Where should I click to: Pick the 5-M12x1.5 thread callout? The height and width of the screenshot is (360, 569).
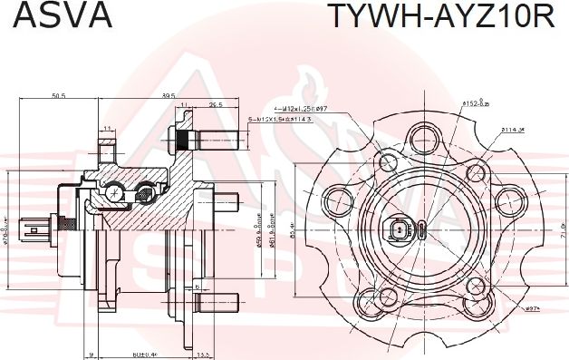click(280, 120)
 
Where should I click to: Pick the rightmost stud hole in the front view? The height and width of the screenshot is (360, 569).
click(507, 200)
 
